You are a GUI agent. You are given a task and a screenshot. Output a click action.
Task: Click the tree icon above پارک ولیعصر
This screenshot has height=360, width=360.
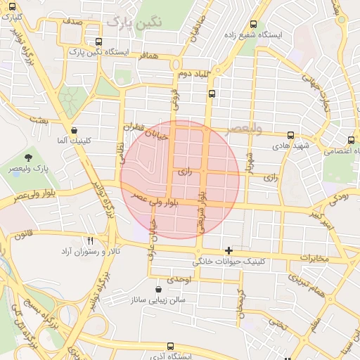(x=28, y=157)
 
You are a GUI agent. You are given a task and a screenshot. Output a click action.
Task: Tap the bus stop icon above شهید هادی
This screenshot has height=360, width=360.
(x=290, y=134)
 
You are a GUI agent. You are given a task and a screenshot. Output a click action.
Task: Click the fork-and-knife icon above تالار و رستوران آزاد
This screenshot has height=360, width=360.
(x=90, y=240)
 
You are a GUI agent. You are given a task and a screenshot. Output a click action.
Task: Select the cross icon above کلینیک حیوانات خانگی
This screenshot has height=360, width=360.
(x=228, y=250)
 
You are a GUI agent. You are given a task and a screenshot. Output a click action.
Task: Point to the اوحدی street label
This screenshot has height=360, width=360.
(x=180, y=279)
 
